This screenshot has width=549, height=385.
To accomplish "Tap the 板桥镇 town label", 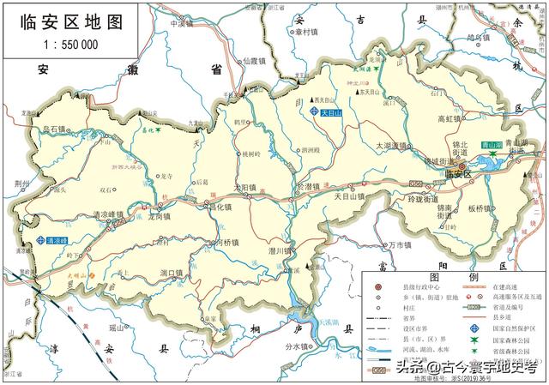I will (x=486, y=208).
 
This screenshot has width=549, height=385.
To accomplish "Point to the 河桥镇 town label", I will (x=227, y=243).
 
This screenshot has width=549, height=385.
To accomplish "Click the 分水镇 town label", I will (x=298, y=347).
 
